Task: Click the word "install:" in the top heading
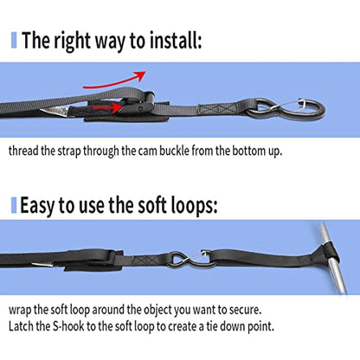[x=176, y=41]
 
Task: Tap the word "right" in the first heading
[x=73, y=42]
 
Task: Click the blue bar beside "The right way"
[x=14, y=41]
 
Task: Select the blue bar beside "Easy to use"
[x=14, y=205]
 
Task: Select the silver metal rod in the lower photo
[x=333, y=259]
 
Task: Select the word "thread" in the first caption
[x=23, y=151]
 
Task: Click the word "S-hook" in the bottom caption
[x=68, y=326]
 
